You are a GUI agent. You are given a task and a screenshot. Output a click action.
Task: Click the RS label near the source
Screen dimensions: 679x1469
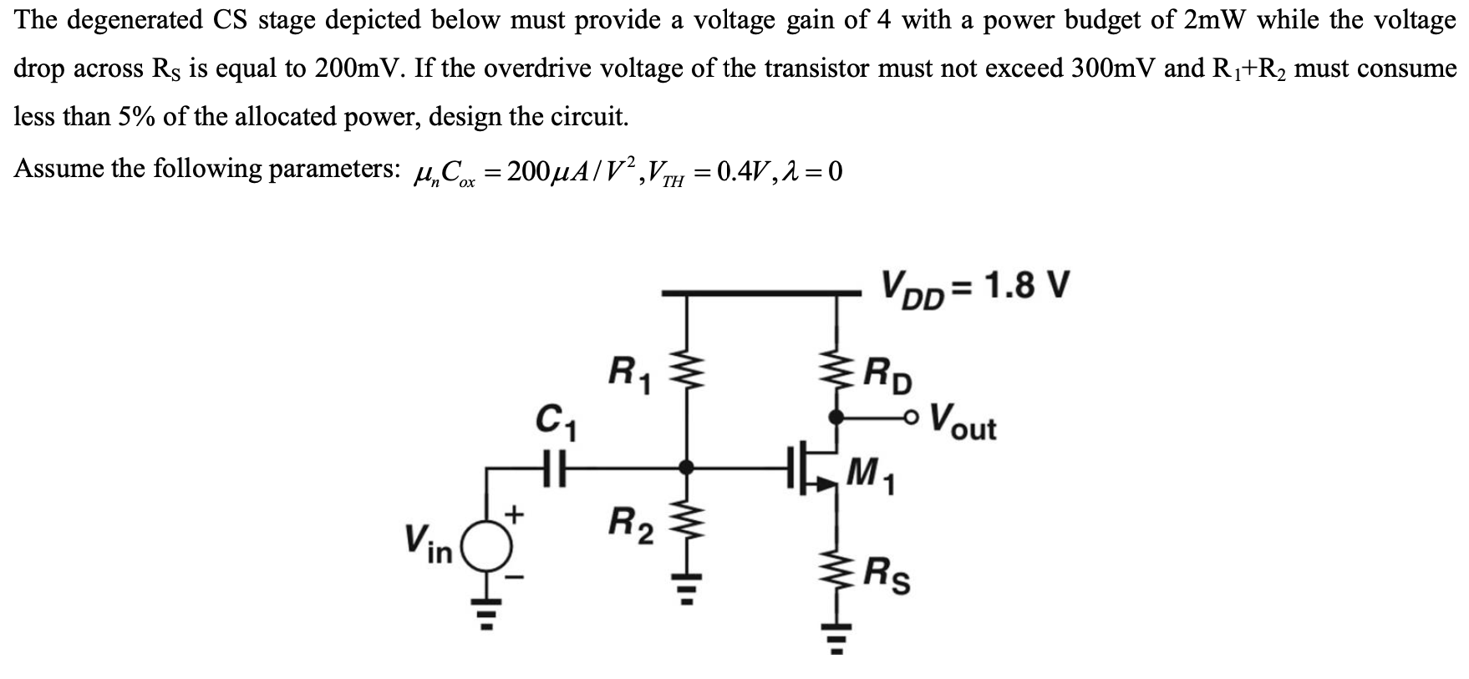click(x=887, y=575)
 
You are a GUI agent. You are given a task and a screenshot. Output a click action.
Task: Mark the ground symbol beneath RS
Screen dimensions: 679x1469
click(x=835, y=640)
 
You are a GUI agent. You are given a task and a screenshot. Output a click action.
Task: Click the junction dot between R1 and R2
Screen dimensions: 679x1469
click(x=687, y=468)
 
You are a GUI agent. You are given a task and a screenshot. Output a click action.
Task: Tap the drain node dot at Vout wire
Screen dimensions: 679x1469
click(x=835, y=416)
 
